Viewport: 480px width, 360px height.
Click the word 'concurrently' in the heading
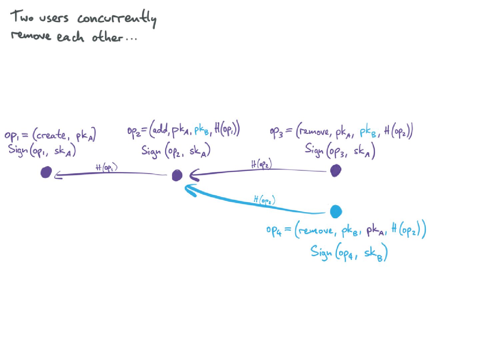pos(117,18)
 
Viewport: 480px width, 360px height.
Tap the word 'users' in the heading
pos(54,17)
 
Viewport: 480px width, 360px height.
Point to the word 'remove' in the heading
pos(31,35)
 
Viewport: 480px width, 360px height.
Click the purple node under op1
pos(46,172)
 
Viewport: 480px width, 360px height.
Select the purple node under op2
pos(177,175)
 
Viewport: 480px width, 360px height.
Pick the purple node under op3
pos(335,170)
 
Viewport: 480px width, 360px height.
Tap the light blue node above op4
pos(336,211)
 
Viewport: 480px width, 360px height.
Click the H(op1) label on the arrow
pos(106,167)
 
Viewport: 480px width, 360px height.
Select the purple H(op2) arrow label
pos(261,164)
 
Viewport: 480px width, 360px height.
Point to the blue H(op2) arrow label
pos(264,200)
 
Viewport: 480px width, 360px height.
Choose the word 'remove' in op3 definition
pos(314,132)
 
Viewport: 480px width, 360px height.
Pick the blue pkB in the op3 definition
pos(368,132)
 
